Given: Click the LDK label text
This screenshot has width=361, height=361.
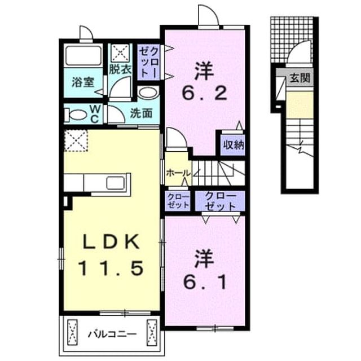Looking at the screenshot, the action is tap(111, 241).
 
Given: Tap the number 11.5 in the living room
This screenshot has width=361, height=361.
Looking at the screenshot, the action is tap(111, 268).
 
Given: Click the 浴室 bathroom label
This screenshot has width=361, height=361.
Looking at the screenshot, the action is tap(83, 82).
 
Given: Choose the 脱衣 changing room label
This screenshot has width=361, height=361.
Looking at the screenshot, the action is tap(120, 69).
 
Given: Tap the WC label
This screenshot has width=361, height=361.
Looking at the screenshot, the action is tap(95, 113).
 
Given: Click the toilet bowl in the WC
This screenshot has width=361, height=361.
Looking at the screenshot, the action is tap(75, 115).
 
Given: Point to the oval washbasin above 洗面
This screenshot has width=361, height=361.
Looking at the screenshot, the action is tap(148, 93).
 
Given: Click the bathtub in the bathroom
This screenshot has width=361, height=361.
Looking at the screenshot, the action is tap(83, 55).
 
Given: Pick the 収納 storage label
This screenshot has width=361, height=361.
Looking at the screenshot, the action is tap(233, 145).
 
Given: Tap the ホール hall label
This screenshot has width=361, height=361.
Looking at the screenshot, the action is tap(178, 173).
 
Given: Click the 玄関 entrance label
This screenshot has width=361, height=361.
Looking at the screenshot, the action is tap(300, 78).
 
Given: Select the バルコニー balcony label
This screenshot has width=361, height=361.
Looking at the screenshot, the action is tap(112, 334).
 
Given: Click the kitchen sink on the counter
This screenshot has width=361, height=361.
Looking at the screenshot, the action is tap(115, 183).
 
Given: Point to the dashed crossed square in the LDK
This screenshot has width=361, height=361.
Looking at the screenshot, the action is tap(76, 140).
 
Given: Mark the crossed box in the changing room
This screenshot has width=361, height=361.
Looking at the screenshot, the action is tap(120, 54).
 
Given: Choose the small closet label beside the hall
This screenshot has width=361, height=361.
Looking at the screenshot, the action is tap(178, 201).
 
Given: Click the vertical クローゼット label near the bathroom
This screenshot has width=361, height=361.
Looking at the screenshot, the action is tap(149, 63).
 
